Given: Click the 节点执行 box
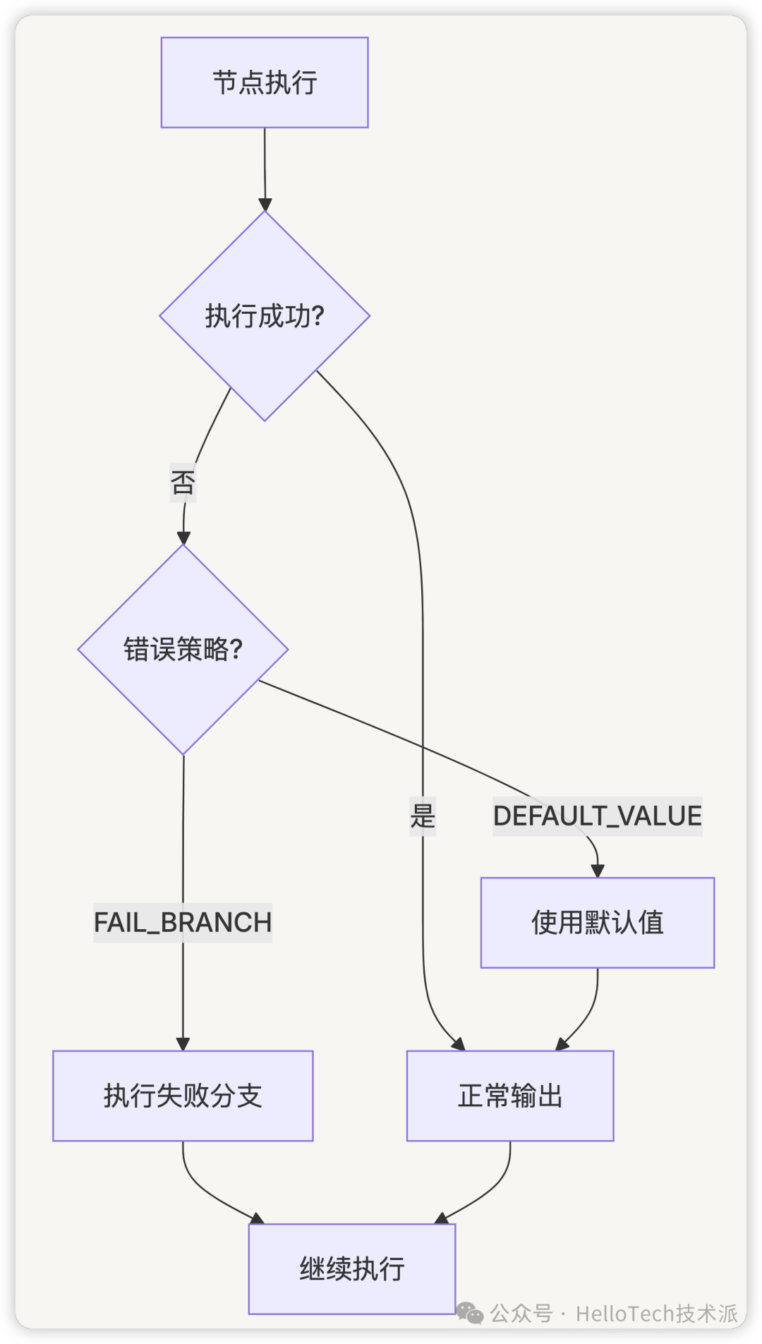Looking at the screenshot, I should [265, 83].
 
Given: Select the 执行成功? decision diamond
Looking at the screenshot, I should [265, 315].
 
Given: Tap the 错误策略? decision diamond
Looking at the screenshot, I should [183, 649].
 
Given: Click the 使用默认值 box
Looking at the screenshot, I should [597, 922].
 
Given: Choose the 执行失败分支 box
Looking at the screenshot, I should [183, 1095].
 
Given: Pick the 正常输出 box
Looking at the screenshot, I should [509, 1095].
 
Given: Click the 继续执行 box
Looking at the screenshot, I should [352, 1269].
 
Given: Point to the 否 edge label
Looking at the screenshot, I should [183, 483].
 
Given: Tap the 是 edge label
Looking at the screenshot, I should [423, 816].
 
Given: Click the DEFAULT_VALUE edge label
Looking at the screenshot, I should [597, 816].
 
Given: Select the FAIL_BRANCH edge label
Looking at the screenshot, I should [183, 922].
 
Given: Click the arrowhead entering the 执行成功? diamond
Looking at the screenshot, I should [265, 205].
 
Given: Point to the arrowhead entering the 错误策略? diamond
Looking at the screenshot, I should [183, 538].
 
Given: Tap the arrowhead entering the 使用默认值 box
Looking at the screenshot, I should [598, 871].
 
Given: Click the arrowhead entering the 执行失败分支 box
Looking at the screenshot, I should [183, 1044].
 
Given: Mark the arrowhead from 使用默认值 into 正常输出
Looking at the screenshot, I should [562, 1044].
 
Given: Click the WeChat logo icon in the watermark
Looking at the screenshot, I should [470, 1313].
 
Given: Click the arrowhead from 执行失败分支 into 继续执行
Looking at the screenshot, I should [257, 1218].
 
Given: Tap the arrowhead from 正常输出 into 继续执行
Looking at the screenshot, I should [442, 1218].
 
